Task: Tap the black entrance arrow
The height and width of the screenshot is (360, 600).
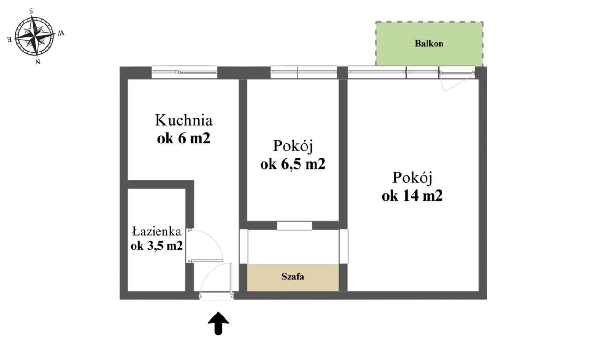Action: coord(218,324)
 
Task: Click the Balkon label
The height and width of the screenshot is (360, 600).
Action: coord(429,44)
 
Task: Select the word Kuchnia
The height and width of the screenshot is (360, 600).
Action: coord(184,120)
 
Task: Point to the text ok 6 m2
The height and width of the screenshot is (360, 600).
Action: coord(183,138)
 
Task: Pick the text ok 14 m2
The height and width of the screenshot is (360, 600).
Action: coord(412,196)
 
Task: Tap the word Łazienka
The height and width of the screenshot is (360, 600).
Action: coord(156,231)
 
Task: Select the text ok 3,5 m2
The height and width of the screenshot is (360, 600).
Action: coord(157,246)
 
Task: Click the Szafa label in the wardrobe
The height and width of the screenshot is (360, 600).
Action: coord(293,277)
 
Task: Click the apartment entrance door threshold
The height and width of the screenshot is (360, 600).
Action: coord(216,296)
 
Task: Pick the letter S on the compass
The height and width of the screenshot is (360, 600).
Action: coord(31,10)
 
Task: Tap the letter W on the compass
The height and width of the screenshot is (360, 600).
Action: coord(61,33)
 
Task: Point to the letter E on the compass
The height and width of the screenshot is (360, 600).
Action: coord(10,40)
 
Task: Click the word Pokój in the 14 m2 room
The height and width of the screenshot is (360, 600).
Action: coord(412,178)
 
